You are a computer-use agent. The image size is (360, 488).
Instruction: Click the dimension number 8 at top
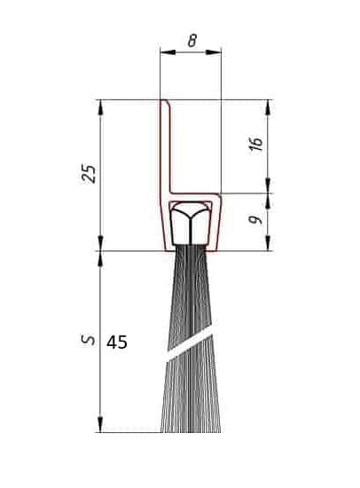coord(192,41)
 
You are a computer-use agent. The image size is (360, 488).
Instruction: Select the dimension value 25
coord(89,173)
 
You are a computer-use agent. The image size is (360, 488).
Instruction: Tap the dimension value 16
coord(256,144)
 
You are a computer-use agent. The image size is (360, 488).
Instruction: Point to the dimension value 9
coord(255,220)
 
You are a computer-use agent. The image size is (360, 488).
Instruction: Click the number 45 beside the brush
coord(117,342)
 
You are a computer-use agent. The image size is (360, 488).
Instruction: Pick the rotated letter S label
coord(88,340)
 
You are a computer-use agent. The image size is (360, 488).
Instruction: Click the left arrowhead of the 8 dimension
coord(168,52)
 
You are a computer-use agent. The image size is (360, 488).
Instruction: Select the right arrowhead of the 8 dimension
coord(214,52)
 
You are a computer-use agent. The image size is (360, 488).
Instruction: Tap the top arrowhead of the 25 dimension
coord(100,107)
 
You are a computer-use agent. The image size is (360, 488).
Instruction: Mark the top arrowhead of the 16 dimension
coord(268,107)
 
